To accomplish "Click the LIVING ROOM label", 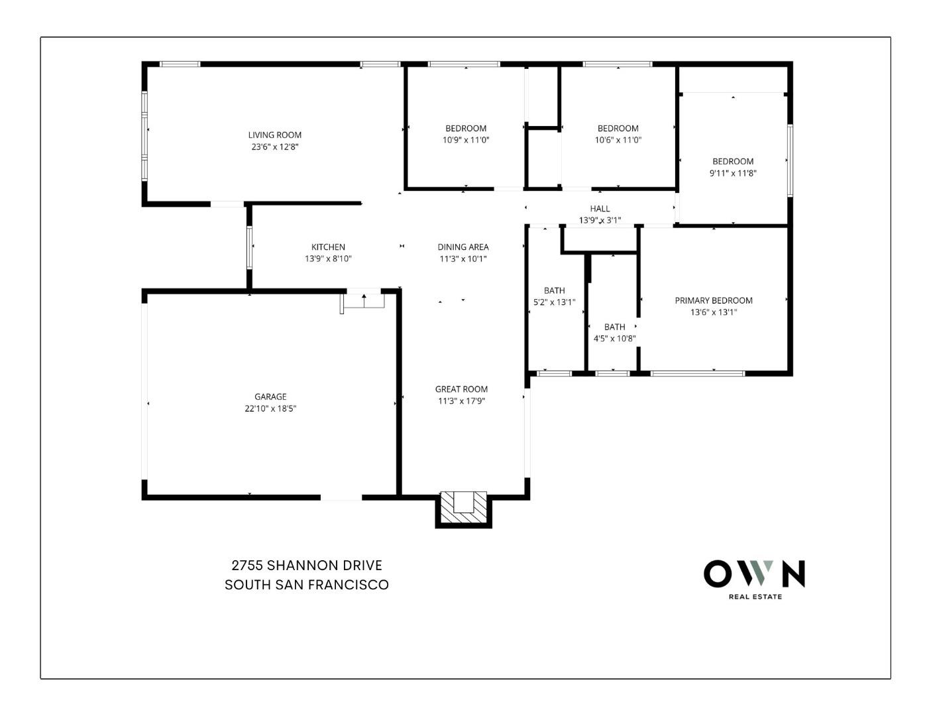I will tap(274, 135).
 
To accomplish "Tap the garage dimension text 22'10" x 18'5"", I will tap(270, 409).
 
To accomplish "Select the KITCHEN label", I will tap(328, 247).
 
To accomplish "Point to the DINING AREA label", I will tap(463, 247).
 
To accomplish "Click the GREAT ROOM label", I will tap(461, 389).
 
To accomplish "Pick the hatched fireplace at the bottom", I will tap(463, 508).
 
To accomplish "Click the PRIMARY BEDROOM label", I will tap(713, 300).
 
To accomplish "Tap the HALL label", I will tap(600, 209).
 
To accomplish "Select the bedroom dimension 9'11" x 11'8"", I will tap(733, 173).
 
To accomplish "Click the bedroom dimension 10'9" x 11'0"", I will tap(466, 140).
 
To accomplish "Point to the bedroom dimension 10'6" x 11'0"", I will tap(618, 140).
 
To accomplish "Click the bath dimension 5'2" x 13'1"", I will tap(555, 302).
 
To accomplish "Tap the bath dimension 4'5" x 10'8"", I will tap(614, 338).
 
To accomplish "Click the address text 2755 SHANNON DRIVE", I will tap(307, 566).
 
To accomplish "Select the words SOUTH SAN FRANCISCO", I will tap(307, 585).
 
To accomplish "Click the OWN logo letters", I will tap(754, 574).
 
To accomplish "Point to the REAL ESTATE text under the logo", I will tap(755, 597).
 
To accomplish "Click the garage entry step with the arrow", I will tap(364, 300).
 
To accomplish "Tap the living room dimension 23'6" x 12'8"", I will tap(274, 147).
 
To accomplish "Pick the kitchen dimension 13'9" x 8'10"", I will tap(328, 259).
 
